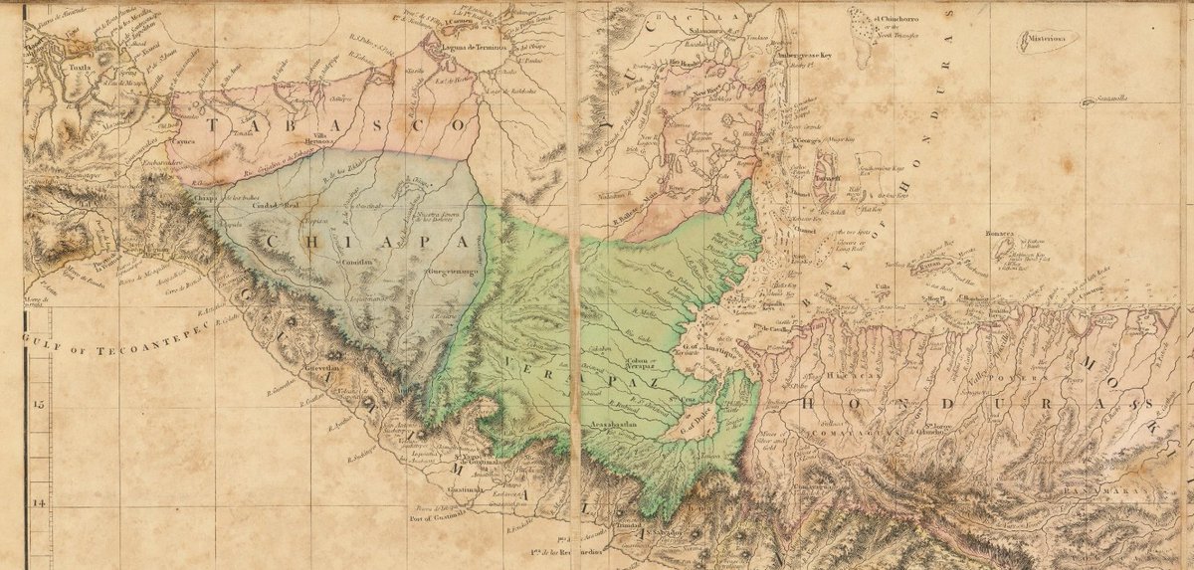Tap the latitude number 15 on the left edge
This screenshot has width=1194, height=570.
[x=39, y=405]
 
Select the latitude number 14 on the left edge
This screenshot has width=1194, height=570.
[x=39, y=503]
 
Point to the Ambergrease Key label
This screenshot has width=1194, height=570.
[x=813, y=56]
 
